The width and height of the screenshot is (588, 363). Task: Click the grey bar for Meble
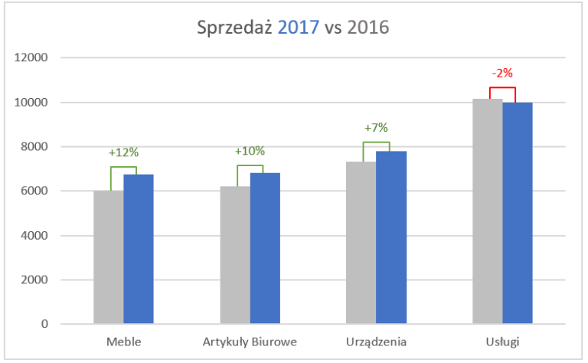[109, 257]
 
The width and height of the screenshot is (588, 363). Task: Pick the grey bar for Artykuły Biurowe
[235, 255]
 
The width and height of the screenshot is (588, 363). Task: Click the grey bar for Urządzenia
[361, 243]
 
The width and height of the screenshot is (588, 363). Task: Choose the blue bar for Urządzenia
[391, 237]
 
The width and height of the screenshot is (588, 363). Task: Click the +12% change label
[123, 152]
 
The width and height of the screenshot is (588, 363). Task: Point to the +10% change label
[250, 150]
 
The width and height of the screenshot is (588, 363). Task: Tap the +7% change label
[377, 127]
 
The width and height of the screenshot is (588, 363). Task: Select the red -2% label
[502, 74]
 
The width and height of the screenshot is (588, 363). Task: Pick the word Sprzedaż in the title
[234, 28]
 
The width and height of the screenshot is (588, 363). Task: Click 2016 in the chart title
[367, 28]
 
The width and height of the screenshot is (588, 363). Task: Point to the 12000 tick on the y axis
[32, 57]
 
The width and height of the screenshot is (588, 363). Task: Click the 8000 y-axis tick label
[35, 146]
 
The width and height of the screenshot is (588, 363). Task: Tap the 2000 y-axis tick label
[35, 280]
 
